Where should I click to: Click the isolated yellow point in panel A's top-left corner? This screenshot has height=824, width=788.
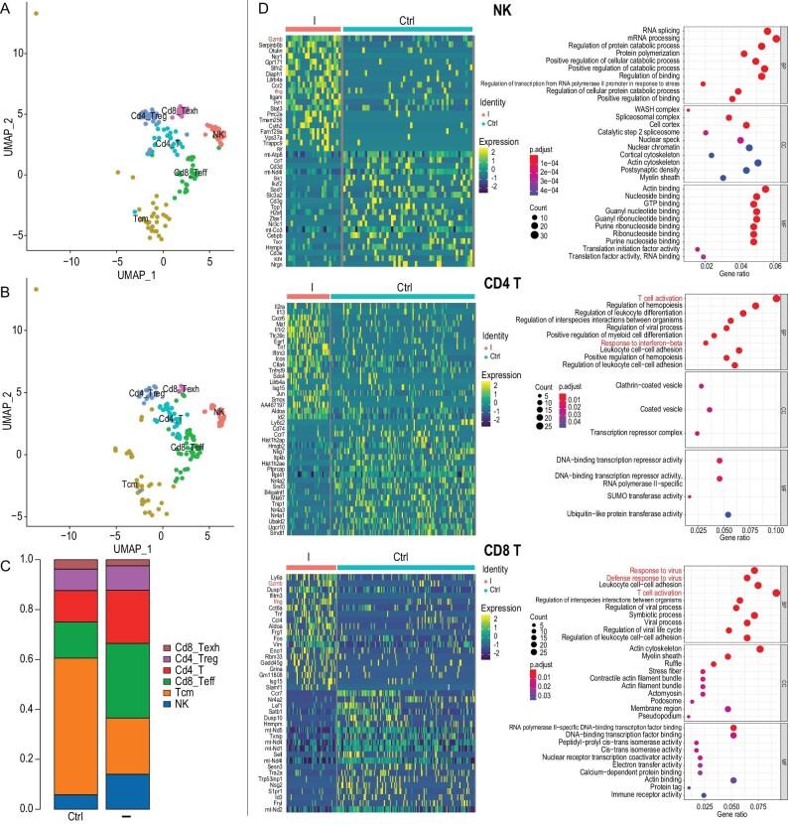coord(36,14)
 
